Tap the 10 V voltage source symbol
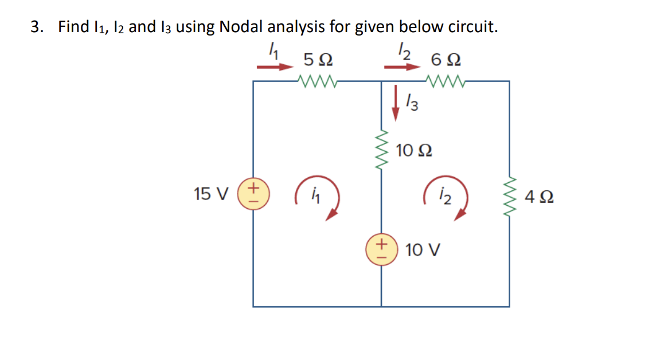click(381, 251)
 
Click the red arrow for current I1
click(275, 67)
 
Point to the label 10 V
click(423, 251)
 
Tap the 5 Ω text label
click(318, 59)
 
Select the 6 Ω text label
click(447, 59)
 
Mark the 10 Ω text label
click(414, 151)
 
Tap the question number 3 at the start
click(36, 27)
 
